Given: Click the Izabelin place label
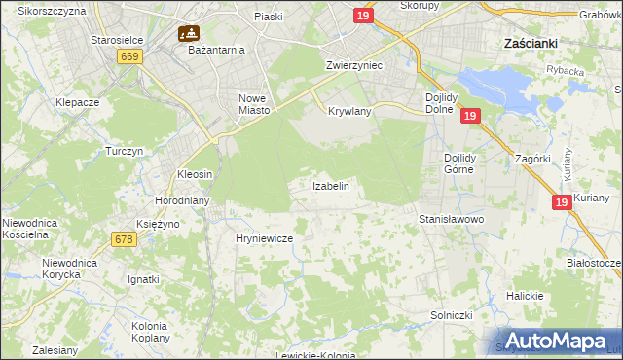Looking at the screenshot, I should click(330, 185).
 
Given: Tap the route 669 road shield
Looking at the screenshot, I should click(130, 57).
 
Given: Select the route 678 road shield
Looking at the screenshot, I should click(123, 239).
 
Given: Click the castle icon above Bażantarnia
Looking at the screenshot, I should click(189, 32).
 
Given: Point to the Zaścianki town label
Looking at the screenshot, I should click(529, 44).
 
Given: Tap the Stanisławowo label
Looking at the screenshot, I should click(451, 220).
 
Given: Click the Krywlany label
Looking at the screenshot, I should click(350, 112).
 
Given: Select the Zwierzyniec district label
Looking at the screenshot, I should click(353, 65).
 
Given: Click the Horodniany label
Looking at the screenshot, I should click(178, 200).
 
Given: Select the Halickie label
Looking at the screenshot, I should click(523, 296).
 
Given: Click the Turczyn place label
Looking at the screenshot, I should click(125, 152).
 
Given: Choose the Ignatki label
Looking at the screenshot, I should click(143, 279).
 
